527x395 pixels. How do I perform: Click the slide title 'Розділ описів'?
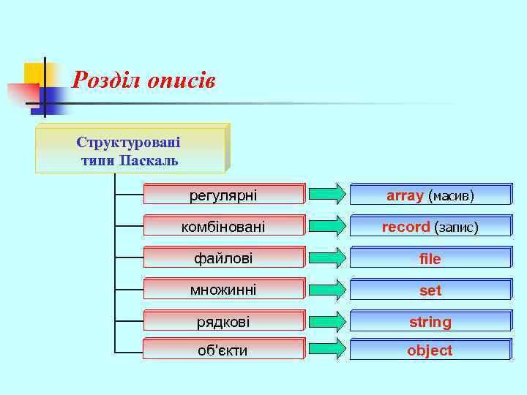(143, 80)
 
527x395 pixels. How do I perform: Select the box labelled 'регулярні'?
(223, 195)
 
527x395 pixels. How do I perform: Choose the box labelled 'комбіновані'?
(223, 227)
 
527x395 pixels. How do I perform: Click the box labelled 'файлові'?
(223, 258)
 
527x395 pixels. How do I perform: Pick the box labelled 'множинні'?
(223, 290)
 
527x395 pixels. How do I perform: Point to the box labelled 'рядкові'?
(223, 321)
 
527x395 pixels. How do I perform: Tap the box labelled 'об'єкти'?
(223, 350)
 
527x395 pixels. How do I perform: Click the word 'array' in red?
(405, 195)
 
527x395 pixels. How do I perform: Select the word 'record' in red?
(405, 227)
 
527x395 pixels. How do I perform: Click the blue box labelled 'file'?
(430, 258)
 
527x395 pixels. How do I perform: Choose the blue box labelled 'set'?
(430, 290)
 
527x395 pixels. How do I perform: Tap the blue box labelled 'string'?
(430, 321)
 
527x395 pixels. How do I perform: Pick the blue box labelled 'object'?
(430, 350)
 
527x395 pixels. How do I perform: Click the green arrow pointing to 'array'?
(326, 195)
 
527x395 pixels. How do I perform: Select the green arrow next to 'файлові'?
(326, 258)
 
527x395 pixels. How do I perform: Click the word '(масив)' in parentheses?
(451, 196)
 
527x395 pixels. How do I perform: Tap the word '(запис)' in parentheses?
(456, 227)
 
